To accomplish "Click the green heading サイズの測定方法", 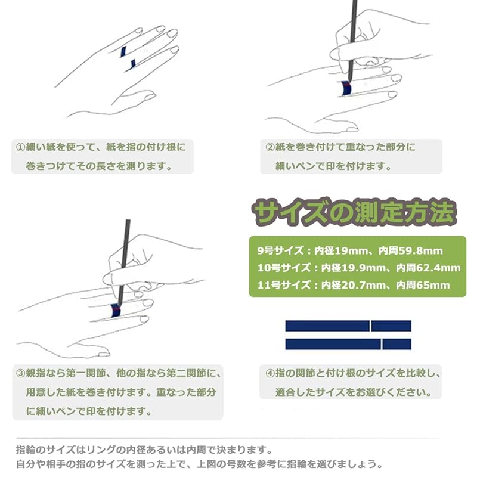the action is pos(354,212).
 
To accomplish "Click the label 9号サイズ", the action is pos(280,250).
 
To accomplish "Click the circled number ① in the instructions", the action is pos(20,147).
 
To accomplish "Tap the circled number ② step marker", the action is pos(270,147).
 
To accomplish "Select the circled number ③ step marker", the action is pos(20,373).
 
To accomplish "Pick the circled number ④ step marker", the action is pos(270,373).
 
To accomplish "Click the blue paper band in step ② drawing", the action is pos(346,88).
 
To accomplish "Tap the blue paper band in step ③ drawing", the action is pos(116,310).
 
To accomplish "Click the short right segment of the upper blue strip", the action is pos(391,326).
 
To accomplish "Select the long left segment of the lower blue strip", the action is pos(333,344).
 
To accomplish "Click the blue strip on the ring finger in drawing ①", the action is pos(123,52).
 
